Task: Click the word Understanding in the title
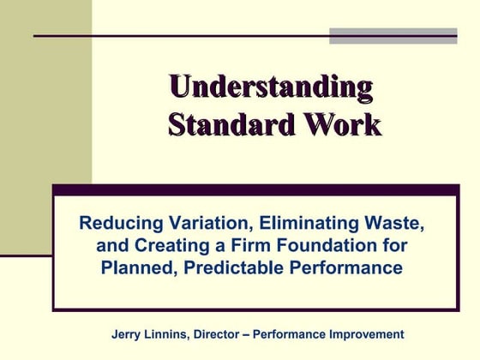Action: [x=271, y=87]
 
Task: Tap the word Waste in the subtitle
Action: [x=394, y=224]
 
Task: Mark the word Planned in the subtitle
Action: [x=136, y=268]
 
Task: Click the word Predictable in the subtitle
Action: [x=231, y=268]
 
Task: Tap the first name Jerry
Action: [x=129, y=334]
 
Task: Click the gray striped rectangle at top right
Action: [x=393, y=35]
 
